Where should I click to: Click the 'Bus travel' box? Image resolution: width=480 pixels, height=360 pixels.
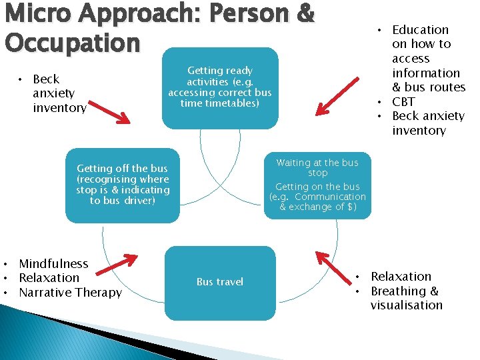click(x=219, y=282)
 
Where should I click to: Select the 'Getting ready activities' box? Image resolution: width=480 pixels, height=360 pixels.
click(x=219, y=87)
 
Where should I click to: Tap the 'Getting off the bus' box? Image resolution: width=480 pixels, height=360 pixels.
click(x=123, y=185)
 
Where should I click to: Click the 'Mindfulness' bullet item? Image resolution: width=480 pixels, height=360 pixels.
click(x=53, y=264)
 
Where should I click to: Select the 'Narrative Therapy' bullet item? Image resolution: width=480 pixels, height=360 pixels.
click(x=70, y=293)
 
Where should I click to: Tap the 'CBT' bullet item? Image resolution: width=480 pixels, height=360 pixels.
click(x=403, y=101)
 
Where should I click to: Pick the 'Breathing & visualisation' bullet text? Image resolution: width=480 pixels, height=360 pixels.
click(x=406, y=298)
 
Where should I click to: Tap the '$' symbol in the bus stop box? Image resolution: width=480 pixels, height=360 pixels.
click(x=352, y=207)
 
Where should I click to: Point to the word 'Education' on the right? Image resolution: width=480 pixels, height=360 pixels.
click(x=420, y=29)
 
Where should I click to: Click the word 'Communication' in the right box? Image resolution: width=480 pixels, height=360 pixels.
click(x=330, y=197)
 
